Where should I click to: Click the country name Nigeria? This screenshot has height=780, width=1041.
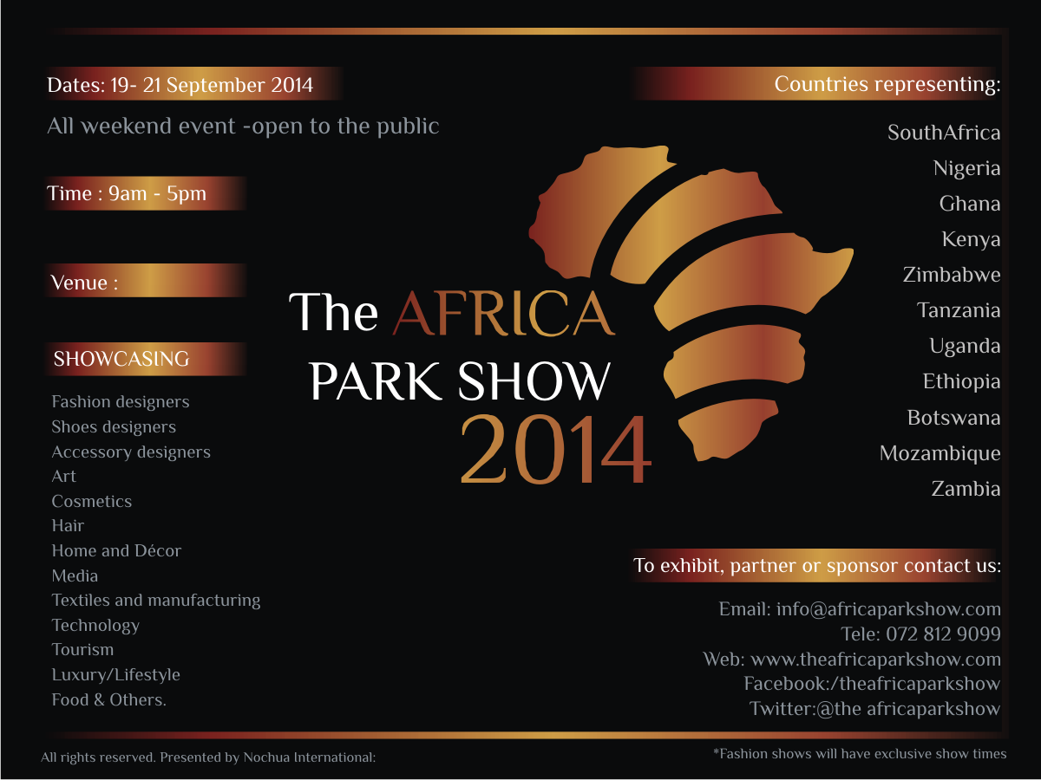[966, 168]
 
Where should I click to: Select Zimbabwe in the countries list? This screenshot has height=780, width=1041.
[951, 275]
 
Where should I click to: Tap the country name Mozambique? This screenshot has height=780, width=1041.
[940, 453]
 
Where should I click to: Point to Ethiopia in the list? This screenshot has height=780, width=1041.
[961, 381]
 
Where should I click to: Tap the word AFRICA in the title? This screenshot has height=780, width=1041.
[504, 314]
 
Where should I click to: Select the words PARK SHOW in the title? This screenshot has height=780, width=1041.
[460, 380]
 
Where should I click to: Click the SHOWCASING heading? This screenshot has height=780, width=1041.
[121, 359]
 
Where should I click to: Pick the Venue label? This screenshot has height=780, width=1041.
[84, 283]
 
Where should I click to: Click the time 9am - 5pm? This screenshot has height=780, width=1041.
[157, 193]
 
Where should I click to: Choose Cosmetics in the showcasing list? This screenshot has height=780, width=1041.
[92, 501]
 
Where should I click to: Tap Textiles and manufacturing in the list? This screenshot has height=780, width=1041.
[156, 600]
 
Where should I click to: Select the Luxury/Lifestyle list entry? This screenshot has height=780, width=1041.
[116, 674]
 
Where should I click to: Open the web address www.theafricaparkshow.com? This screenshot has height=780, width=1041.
[875, 660]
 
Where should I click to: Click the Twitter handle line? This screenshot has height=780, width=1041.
[874, 709]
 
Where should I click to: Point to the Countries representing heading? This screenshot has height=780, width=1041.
[887, 85]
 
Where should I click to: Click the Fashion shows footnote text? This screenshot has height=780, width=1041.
[860, 754]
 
